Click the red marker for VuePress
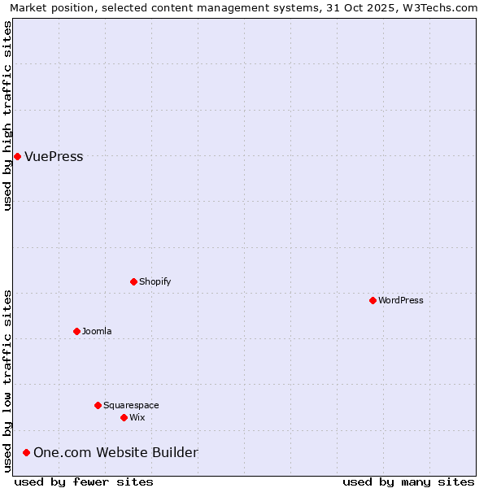(x=17, y=156)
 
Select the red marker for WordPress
(x=373, y=300)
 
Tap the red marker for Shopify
(x=133, y=281)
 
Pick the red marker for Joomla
(x=76, y=331)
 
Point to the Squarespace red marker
(x=98, y=405)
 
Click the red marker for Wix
(x=124, y=417)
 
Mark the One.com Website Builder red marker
(x=26, y=452)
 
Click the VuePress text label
(x=54, y=157)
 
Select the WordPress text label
(x=400, y=300)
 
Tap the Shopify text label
(x=155, y=281)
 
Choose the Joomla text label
(x=97, y=331)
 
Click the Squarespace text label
(x=131, y=405)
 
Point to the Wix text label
(x=137, y=417)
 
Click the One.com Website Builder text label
(x=115, y=452)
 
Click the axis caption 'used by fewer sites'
(x=84, y=481)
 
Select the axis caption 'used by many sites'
(x=408, y=481)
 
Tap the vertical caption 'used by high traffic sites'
(x=7, y=115)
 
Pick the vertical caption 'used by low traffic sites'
(x=7, y=380)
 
